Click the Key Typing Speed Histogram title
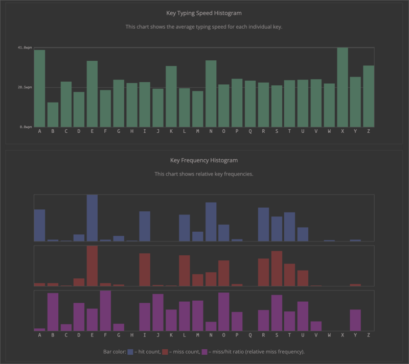204,13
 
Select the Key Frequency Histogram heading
204,160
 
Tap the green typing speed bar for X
343,87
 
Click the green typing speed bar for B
53,115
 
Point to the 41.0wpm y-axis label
25,47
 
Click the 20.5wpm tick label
25,87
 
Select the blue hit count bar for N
211,222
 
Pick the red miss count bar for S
277,269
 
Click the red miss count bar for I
145,270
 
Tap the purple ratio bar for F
105,311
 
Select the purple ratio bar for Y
355,320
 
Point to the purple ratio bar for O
224,312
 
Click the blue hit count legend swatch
130,352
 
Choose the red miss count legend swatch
165,352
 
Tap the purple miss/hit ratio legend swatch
204,352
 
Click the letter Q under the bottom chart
250,335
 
